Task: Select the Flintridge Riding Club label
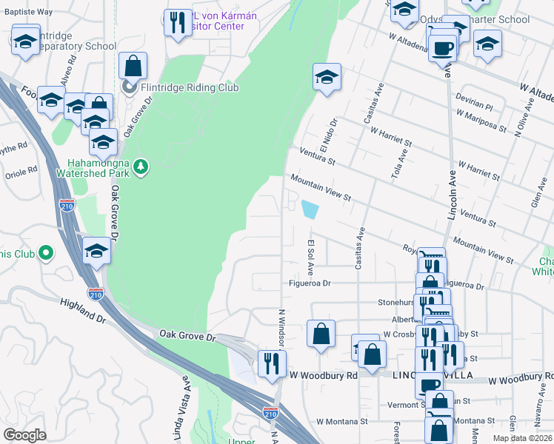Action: (x=190, y=87)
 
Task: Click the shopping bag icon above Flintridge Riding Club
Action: (x=133, y=67)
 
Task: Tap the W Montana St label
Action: (x=342, y=421)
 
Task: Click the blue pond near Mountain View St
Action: (x=309, y=210)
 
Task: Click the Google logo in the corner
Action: (x=25, y=435)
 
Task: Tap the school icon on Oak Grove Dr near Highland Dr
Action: (x=96, y=252)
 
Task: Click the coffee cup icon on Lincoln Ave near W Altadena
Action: (x=443, y=49)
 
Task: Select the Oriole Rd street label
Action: (x=21, y=172)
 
